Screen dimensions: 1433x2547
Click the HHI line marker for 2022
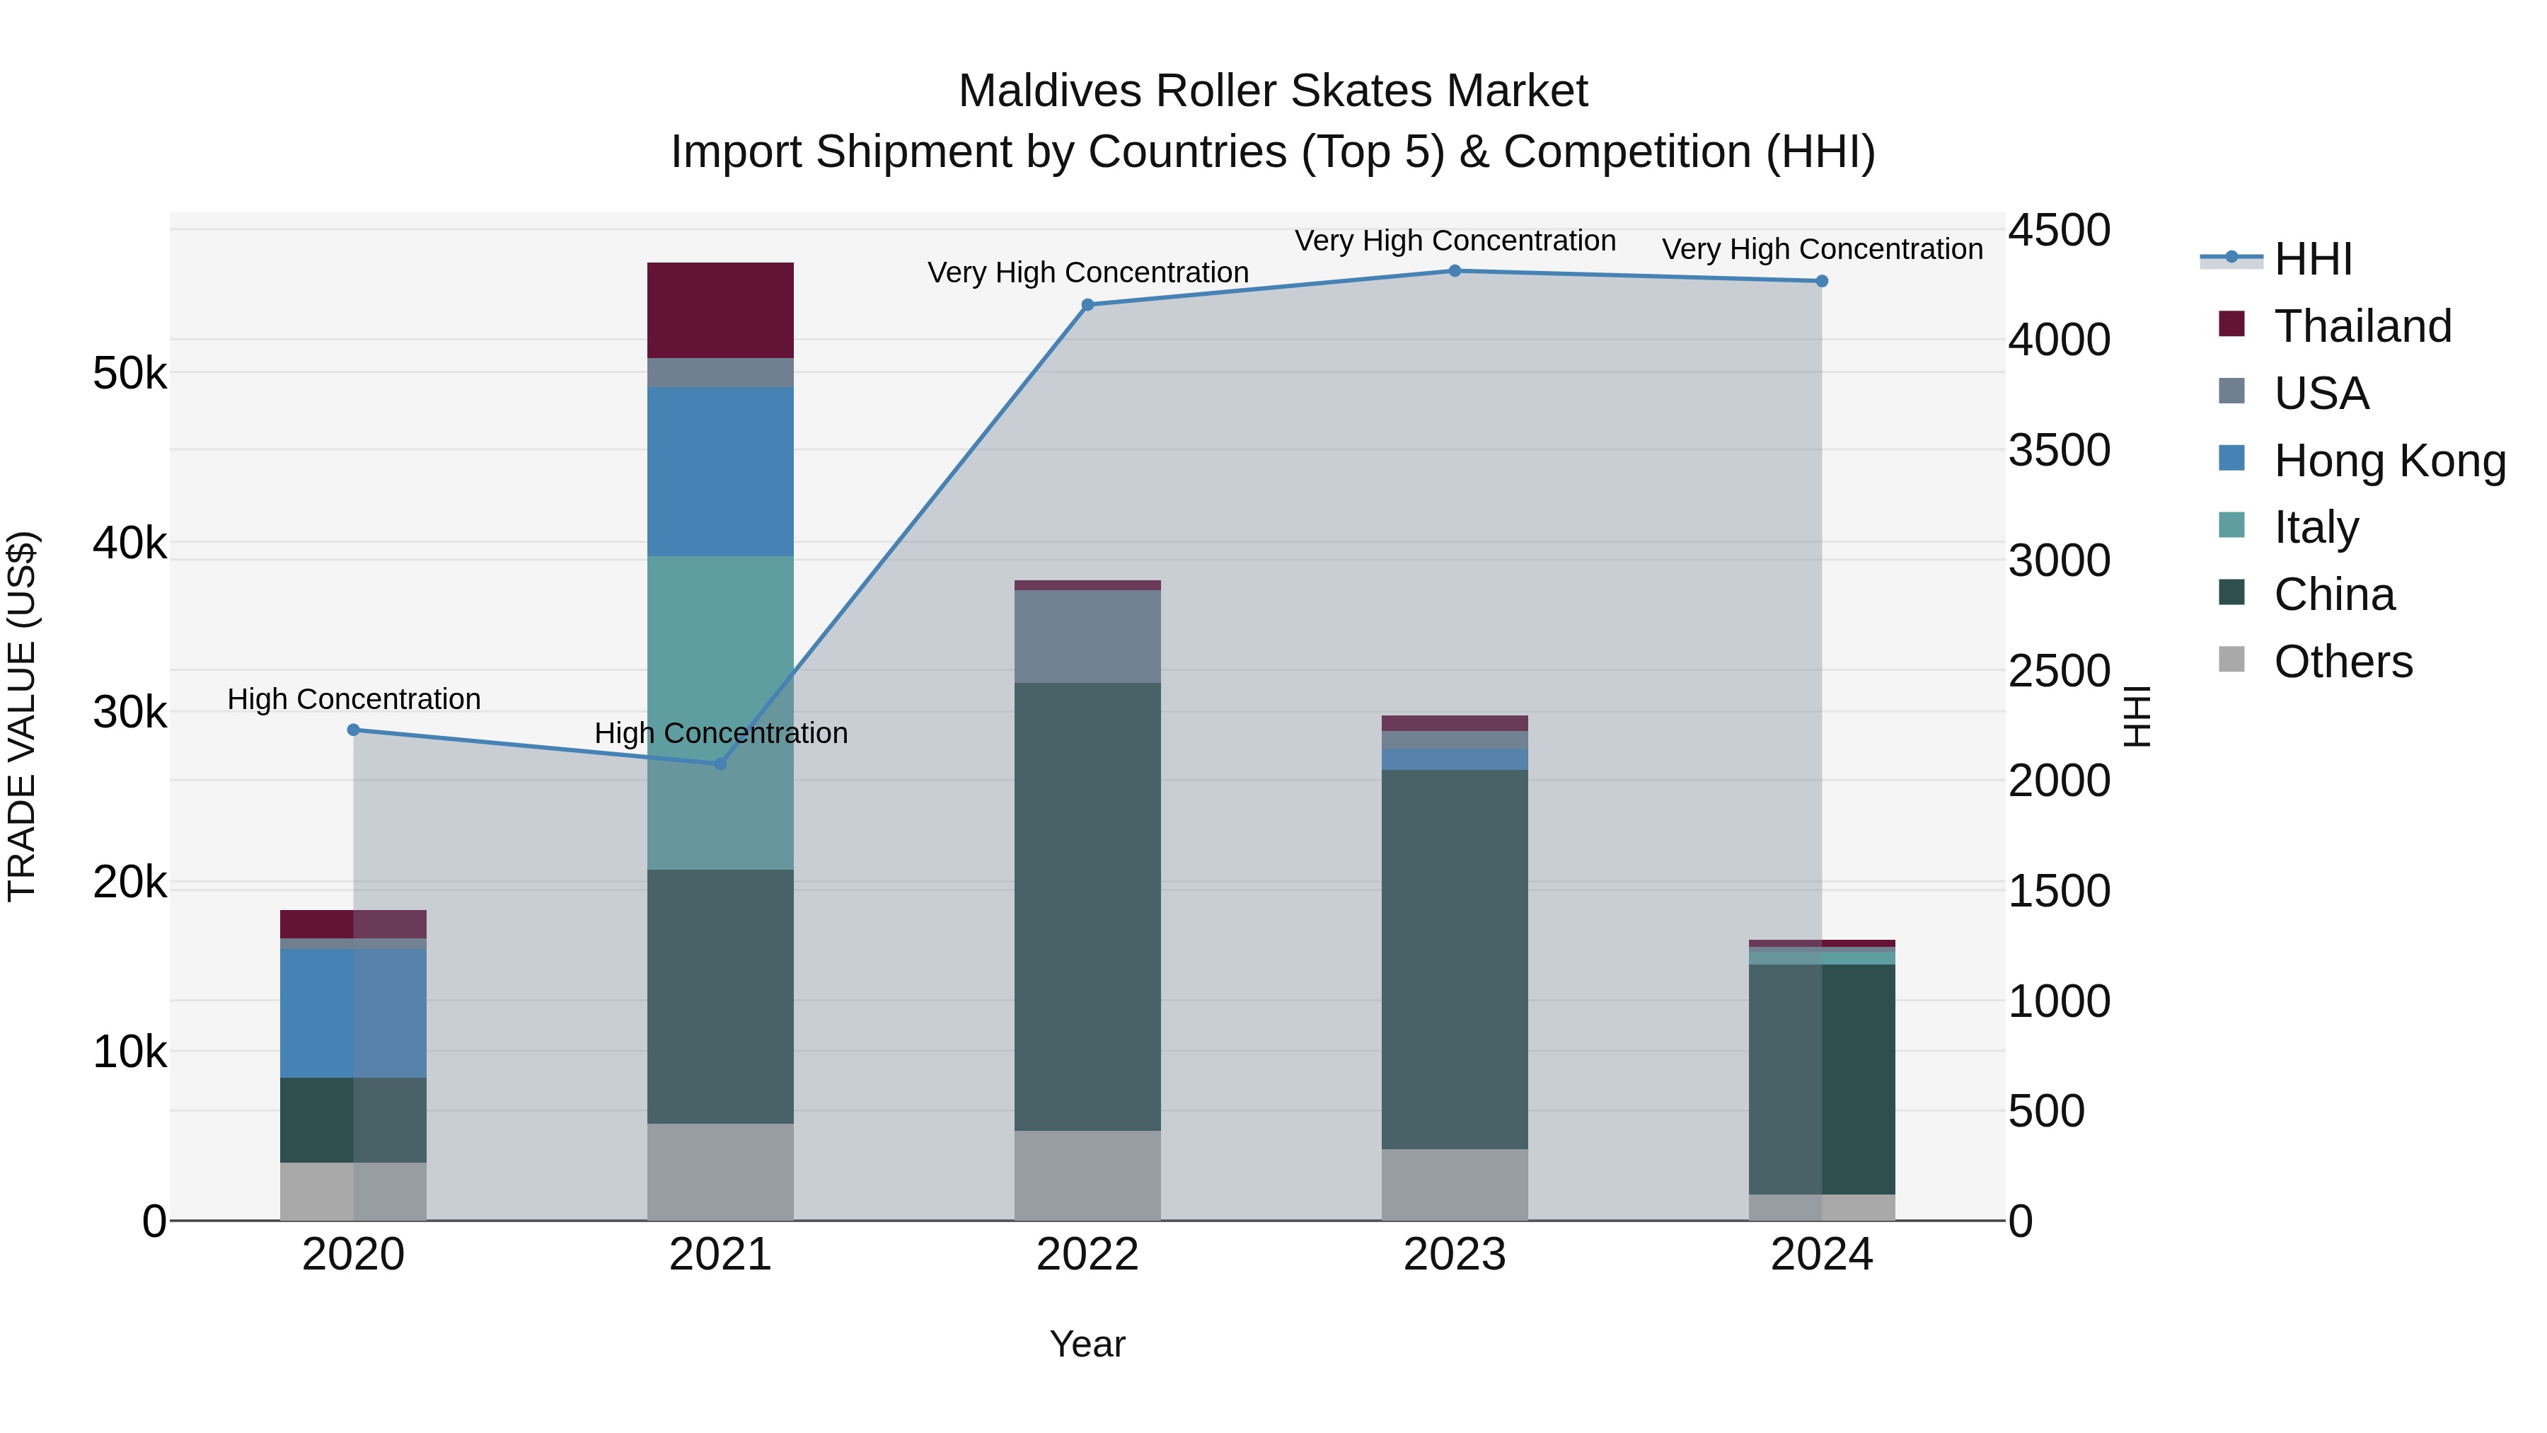[1087, 304]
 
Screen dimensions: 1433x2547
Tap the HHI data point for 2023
[1455, 271]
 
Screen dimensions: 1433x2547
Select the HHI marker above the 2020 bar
[354, 730]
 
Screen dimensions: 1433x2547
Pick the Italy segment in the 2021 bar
[720, 712]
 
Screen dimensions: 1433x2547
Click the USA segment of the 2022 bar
[1087, 636]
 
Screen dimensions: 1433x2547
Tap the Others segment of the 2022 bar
[1087, 1175]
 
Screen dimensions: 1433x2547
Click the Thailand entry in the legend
[2362, 326]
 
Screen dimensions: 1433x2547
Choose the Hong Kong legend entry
[2389, 461]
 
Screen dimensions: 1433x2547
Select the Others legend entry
[2343, 662]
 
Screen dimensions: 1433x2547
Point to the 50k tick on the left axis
[129, 374]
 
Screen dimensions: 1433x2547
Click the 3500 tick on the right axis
[2059, 450]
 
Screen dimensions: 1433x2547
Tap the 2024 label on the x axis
[1821, 1255]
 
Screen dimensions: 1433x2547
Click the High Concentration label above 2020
[354, 699]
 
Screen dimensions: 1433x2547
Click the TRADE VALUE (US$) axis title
[23, 716]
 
